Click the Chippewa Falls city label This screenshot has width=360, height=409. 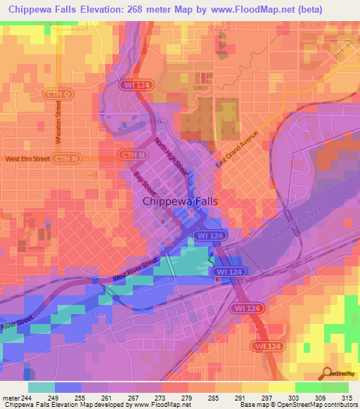tap(181, 201)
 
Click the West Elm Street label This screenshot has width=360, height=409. tap(28, 160)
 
